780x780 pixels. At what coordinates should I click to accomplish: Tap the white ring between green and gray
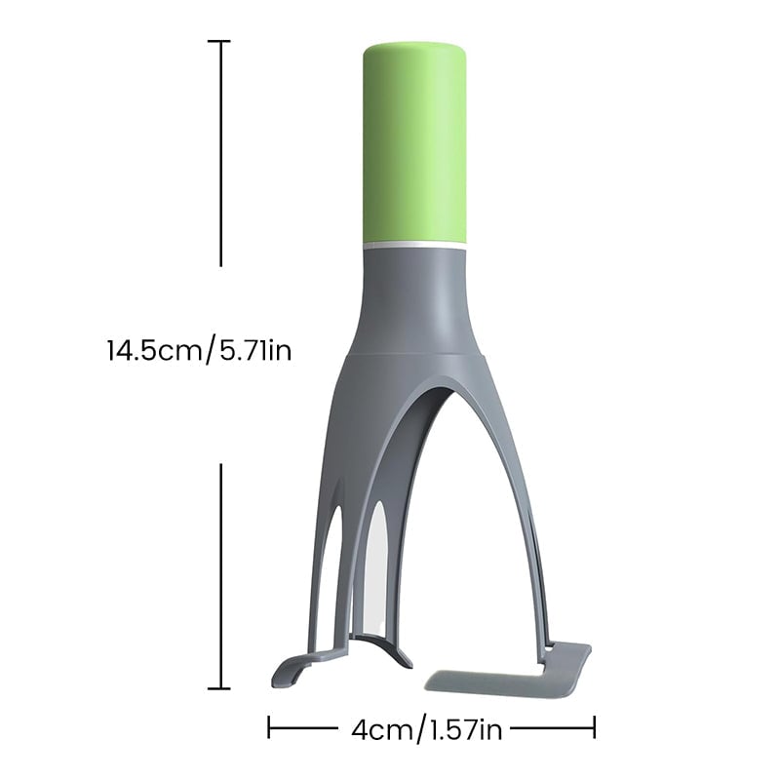point(415,246)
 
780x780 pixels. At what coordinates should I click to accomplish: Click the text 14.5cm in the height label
point(154,350)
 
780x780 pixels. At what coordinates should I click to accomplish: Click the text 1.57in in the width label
point(467,730)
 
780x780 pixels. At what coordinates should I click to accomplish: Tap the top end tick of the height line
point(218,41)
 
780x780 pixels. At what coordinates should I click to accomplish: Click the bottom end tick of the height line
point(218,688)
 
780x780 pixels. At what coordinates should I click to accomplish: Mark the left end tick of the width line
point(269,727)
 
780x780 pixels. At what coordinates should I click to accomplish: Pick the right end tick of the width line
point(594,727)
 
